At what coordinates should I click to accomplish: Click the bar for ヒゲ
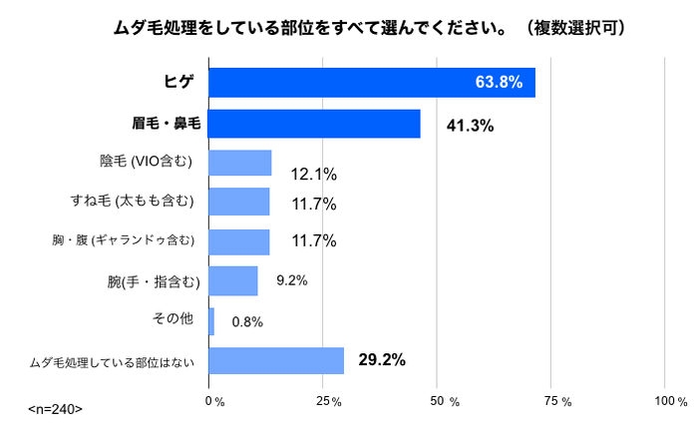371,83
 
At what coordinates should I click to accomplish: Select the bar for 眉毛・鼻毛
314,123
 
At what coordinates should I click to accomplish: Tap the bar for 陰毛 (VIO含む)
239,163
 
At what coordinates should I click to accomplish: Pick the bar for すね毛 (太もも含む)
238,202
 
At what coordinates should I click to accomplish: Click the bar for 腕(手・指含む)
233,281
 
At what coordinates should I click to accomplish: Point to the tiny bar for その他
211,321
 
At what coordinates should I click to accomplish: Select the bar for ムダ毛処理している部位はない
276,360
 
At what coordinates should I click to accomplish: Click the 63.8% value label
499,83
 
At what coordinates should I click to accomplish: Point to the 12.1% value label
313,174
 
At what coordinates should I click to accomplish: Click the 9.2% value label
291,281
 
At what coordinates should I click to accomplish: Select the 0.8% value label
247,322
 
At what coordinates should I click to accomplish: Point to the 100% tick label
670,401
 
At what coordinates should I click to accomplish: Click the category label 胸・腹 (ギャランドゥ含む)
129,241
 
